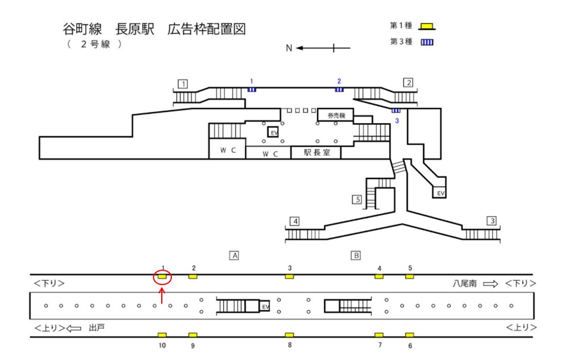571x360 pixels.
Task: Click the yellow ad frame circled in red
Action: (162, 276)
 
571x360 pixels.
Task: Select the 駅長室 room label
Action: (315, 152)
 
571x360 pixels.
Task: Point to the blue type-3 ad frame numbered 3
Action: (396, 111)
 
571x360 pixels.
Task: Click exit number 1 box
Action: (183, 83)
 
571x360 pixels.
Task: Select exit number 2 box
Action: (407, 83)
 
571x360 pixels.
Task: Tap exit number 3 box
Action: (491, 221)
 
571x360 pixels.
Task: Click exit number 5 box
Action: (357, 199)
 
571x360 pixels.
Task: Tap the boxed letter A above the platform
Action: (235, 255)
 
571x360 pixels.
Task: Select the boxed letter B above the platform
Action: (356, 255)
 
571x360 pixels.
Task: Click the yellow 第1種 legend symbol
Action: (426, 26)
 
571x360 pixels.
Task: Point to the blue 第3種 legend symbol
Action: (426, 42)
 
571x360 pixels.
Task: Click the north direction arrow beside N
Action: (315, 48)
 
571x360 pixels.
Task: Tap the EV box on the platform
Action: (266, 306)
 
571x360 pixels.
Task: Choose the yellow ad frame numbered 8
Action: (290, 335)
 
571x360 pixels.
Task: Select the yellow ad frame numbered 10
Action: (162, 335)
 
